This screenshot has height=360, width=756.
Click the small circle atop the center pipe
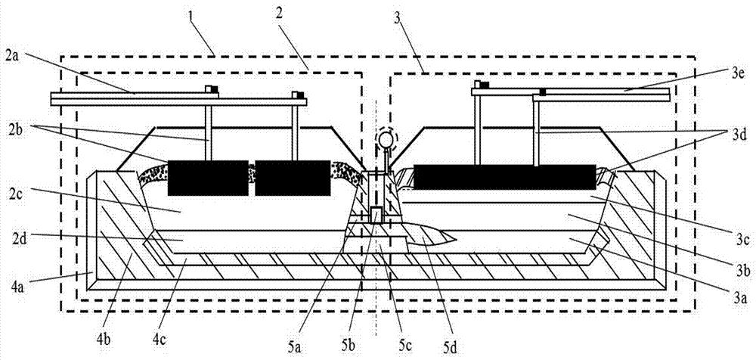[387, 138]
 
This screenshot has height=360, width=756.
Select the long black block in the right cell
[503, 178]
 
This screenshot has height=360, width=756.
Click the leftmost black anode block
[207, 177]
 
